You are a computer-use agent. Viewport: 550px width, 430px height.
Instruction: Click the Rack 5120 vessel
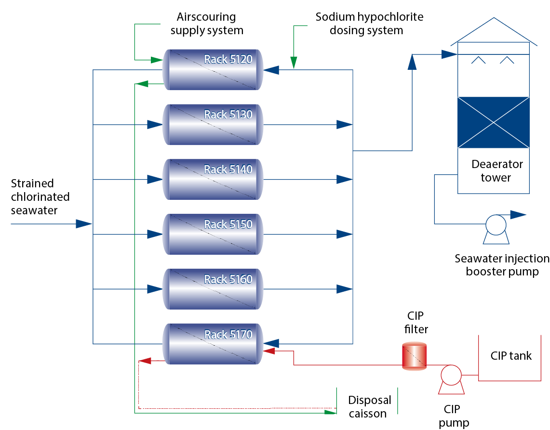click(212, 70)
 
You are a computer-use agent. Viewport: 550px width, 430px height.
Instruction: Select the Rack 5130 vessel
click(212, 125)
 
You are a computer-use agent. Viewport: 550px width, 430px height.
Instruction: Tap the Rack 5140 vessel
click(212, 180)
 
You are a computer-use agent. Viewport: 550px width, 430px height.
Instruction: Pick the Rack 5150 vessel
click(212, 235)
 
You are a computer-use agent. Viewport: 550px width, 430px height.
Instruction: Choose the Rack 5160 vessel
click(212, 289)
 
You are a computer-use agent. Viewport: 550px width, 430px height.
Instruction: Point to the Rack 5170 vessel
click(212, 344)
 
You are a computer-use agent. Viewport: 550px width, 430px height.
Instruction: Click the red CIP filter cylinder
click(414, 356)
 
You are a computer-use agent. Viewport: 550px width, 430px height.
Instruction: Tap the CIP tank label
click(511, 356)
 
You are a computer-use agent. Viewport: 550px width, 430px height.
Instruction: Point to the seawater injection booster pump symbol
click(496, 226)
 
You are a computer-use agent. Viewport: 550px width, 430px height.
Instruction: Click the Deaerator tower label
click(496, 171)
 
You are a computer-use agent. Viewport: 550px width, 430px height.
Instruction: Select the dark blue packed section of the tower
click(493, 122)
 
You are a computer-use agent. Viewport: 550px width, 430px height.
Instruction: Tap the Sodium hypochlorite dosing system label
click(369, 24)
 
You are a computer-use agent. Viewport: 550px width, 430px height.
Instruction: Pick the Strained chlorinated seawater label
click(40, 196)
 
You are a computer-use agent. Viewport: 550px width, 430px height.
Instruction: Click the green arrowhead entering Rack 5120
click(156, 60)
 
